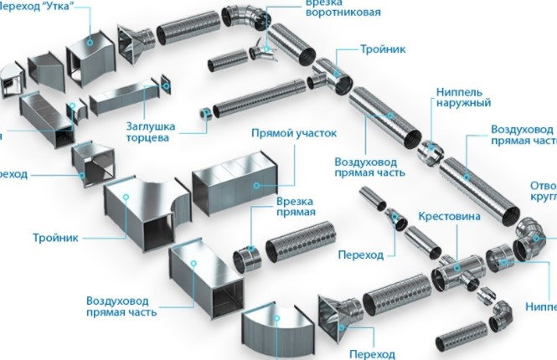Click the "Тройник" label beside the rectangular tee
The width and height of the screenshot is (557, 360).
point(56,237)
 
